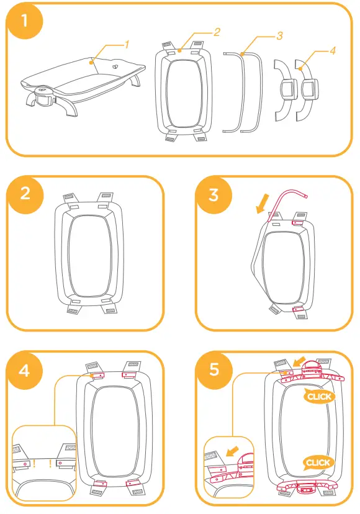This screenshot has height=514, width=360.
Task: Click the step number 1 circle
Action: click(24, 21)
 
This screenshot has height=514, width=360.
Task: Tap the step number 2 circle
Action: click(25, 193)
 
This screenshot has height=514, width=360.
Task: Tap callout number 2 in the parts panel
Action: click(217, 31)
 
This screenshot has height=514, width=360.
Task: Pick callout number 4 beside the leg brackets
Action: click(333, 51)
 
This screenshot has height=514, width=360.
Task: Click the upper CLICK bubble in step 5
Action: click(318, 396)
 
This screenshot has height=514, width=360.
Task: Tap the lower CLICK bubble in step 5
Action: click(318, 462)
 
